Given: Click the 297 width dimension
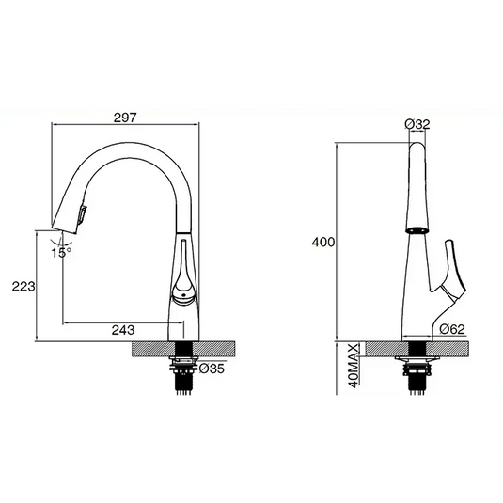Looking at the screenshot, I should [127, 118].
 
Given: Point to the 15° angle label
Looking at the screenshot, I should [61, 252].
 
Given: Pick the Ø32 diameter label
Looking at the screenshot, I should [417, 123].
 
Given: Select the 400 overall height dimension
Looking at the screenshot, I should [323, 242].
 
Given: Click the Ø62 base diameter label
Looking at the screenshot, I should [453, 328].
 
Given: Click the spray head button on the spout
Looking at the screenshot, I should [82, 214].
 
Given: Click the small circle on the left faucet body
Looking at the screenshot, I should [182, 299].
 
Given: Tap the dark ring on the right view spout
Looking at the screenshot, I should [414, 228].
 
